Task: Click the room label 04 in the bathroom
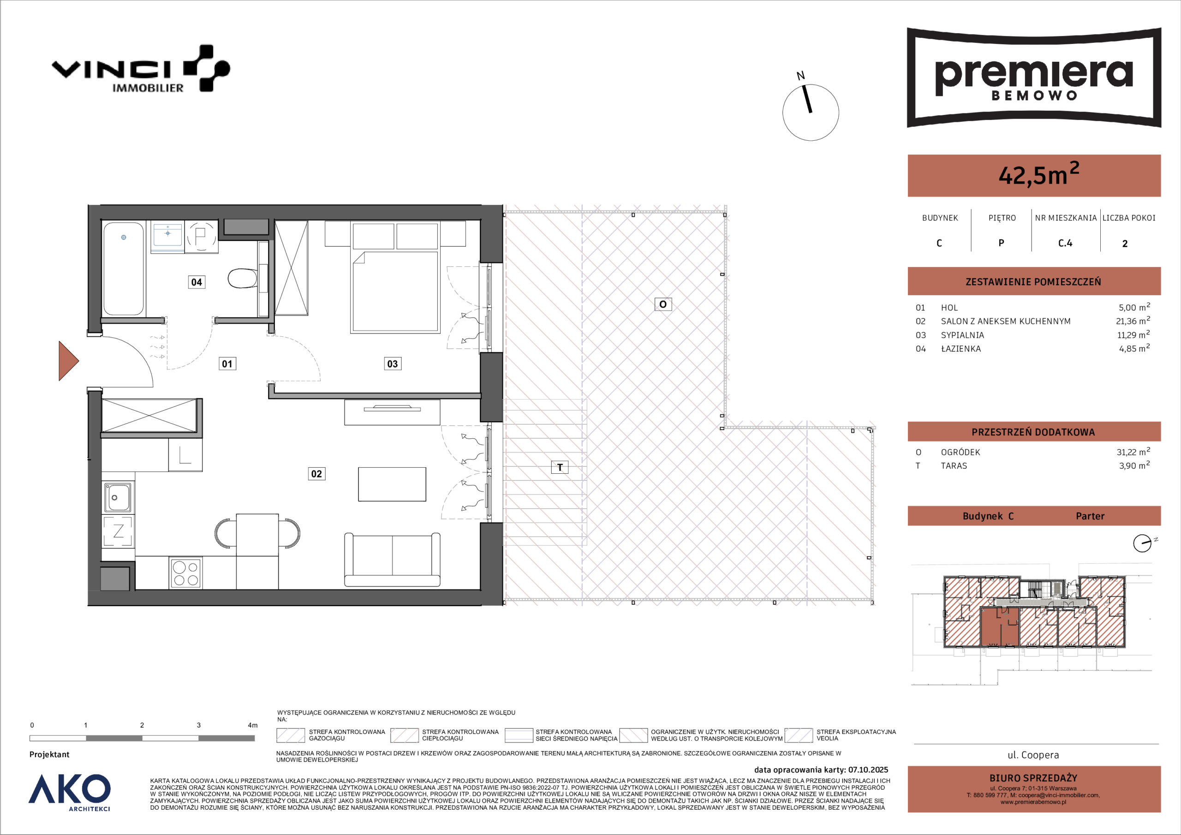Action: click(x=197, y=282)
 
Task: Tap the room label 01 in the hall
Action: click(x=227, y=364)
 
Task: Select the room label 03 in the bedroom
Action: click(x=393, y=364)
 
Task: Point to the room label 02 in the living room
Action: click(x=316, y=474)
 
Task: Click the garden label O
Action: click(x=663, y=304)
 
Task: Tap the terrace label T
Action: click(x=560, y=467)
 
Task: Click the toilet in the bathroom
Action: click(x=243, y=278)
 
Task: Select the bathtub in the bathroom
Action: click(x=124, y=268)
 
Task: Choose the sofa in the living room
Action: click(x=393, y=560)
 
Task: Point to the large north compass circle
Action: click(x=811, y=113)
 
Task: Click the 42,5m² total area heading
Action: click(x=1038, y=174)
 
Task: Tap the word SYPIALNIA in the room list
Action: click(x=962, y=335)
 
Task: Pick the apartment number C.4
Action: click(x=1065, y=243)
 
